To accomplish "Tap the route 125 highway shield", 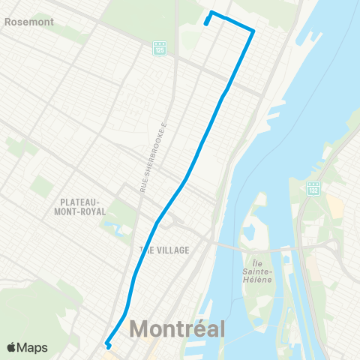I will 159,47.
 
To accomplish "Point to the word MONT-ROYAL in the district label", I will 76,212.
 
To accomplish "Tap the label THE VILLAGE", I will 164,250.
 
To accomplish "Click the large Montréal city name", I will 178,329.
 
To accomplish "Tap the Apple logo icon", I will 11,347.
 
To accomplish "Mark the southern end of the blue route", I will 109,346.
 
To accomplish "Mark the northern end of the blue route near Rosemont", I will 206,23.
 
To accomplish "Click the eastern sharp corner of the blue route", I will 253,31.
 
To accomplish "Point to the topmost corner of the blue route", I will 211,12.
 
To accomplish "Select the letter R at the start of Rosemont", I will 7,22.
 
